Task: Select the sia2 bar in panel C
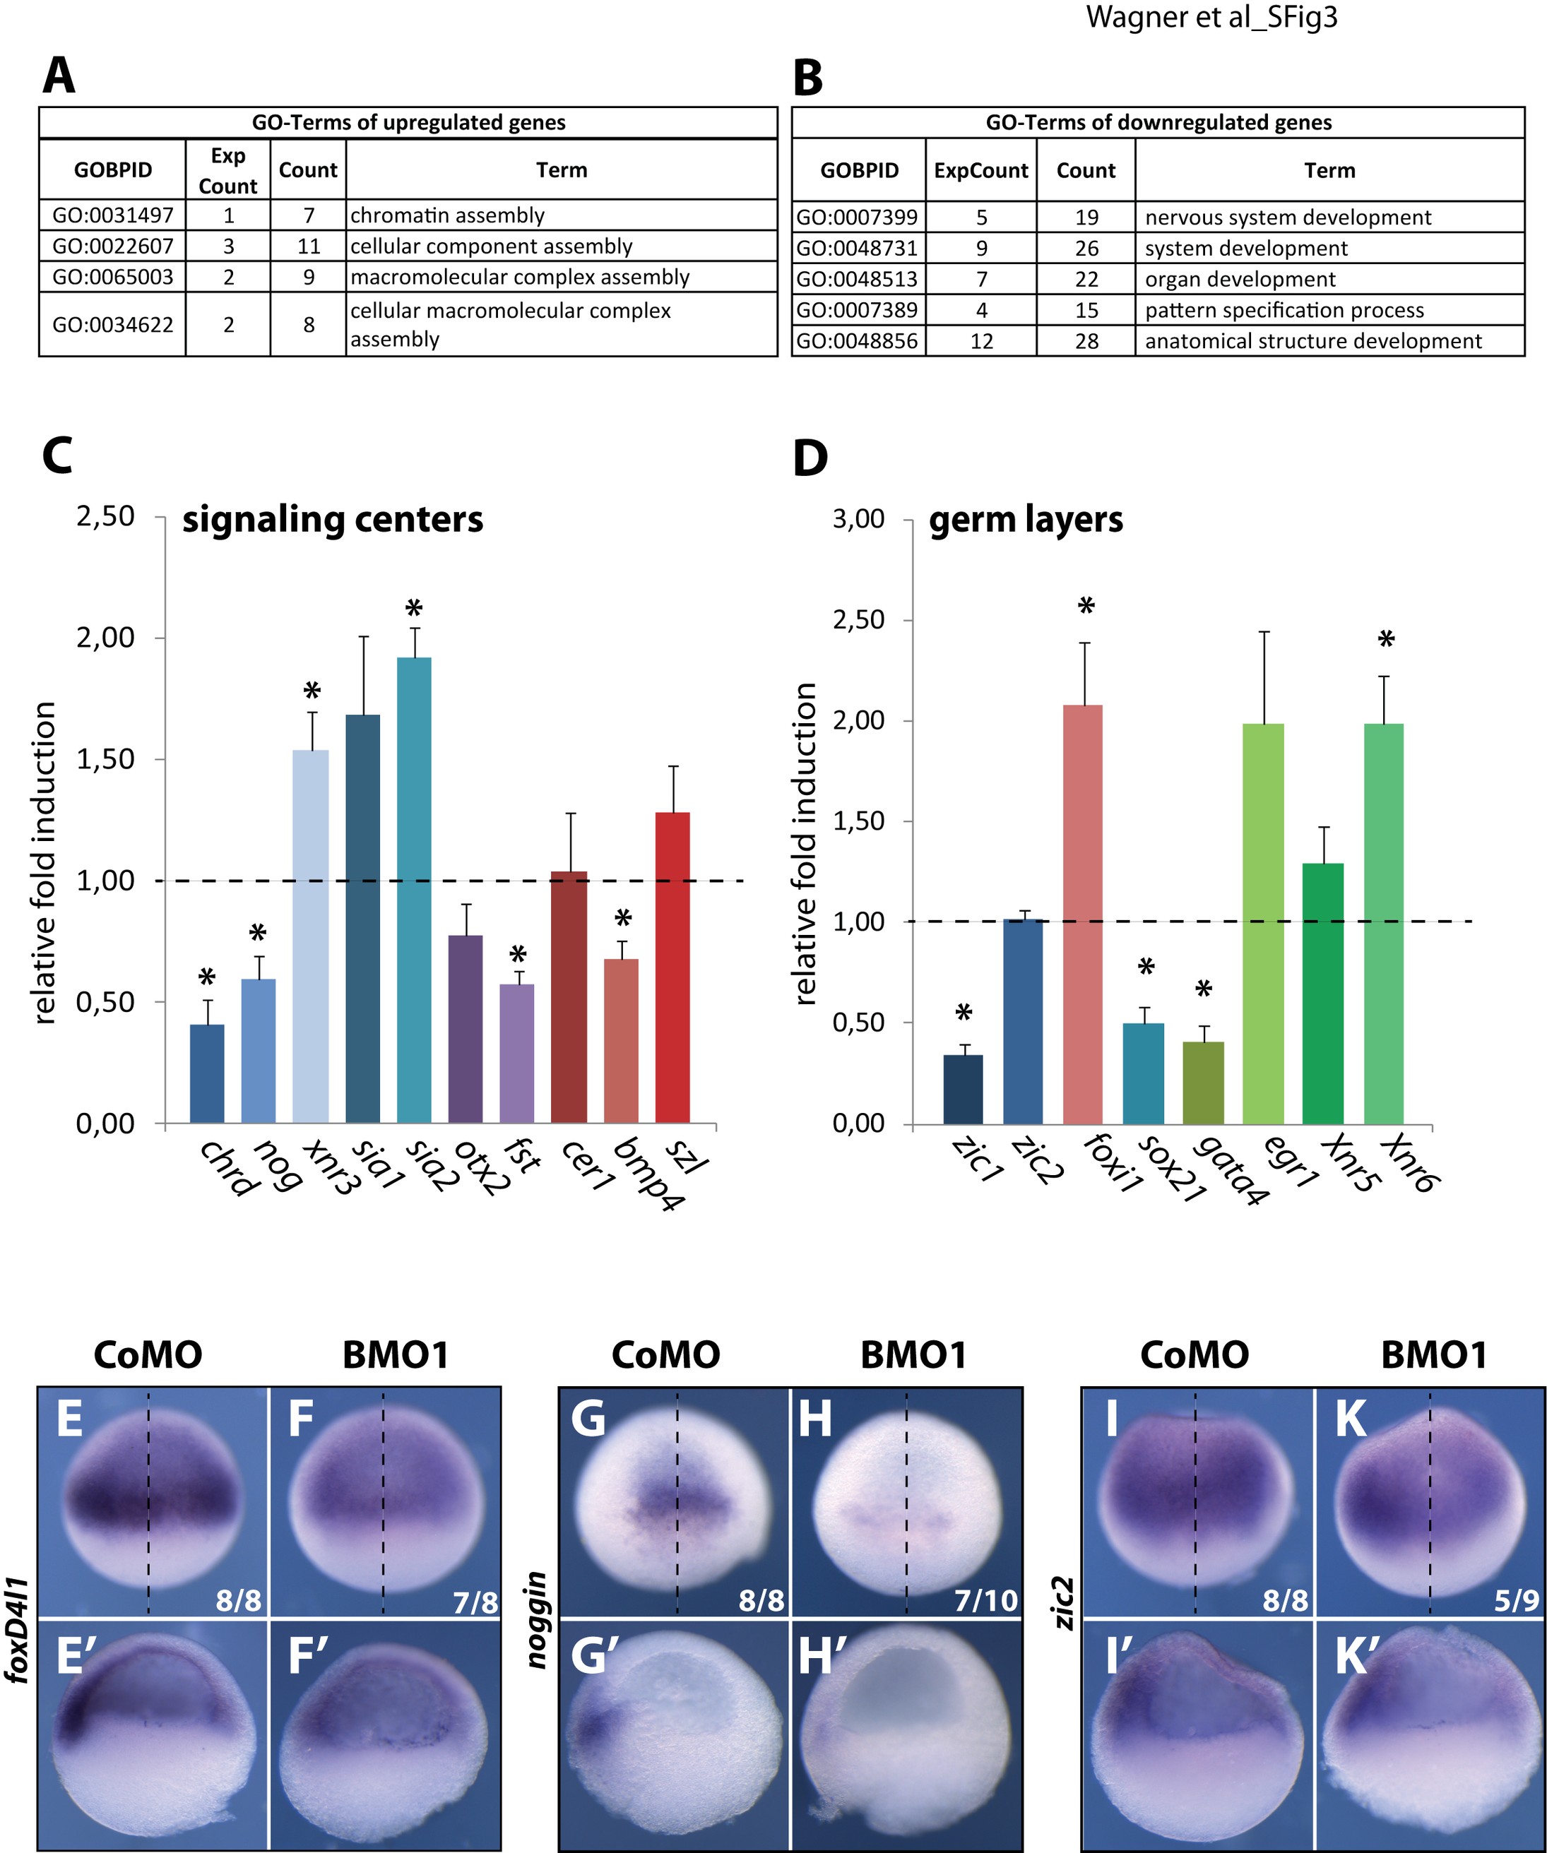point(414,890)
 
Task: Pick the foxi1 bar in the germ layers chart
point(1083,914)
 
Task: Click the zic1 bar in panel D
point(963,1089)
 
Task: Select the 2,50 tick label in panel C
point(106,516)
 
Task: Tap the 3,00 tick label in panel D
point(859,519)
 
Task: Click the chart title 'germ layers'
point(1026,520)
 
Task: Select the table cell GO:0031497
point(113,215)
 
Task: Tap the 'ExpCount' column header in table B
point(981,170)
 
